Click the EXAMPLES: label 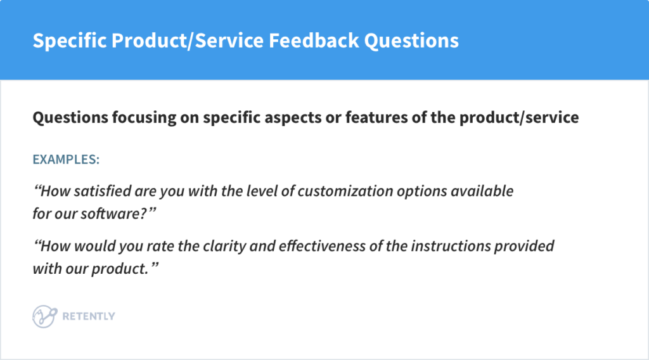(x=66, y=159)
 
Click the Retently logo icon (x=44, y=316)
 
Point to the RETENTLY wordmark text (x=89, y=316)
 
